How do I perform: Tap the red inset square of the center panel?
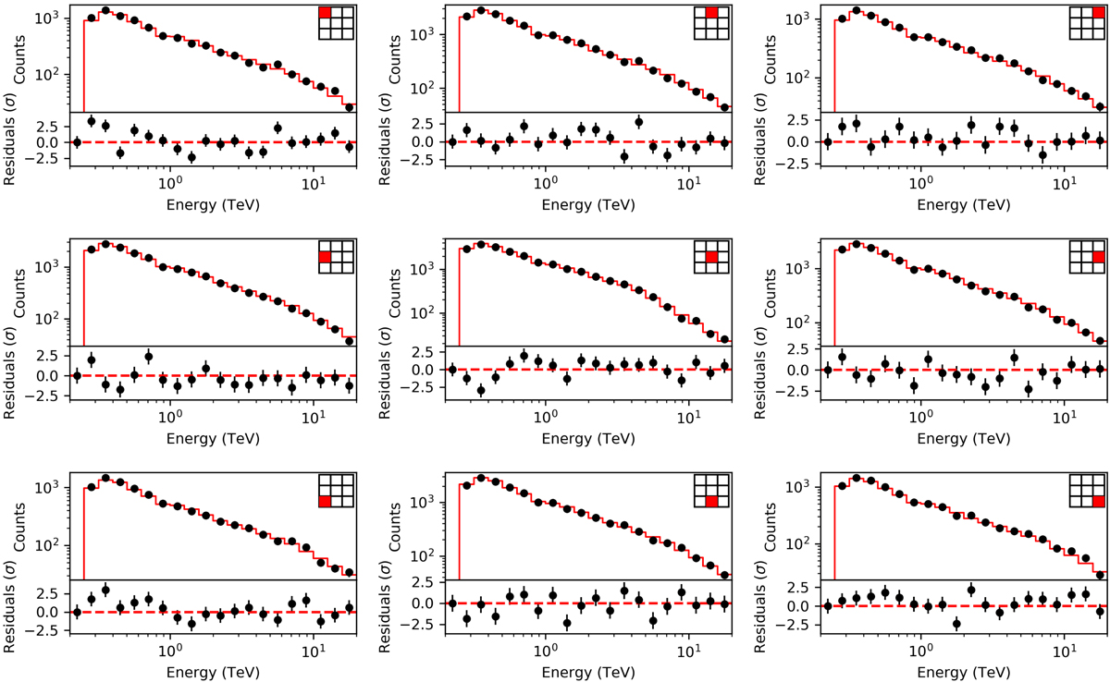710,257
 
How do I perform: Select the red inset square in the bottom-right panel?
1097,502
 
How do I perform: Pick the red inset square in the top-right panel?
1097,13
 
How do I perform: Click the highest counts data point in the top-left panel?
105,10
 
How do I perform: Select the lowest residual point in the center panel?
481,390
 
